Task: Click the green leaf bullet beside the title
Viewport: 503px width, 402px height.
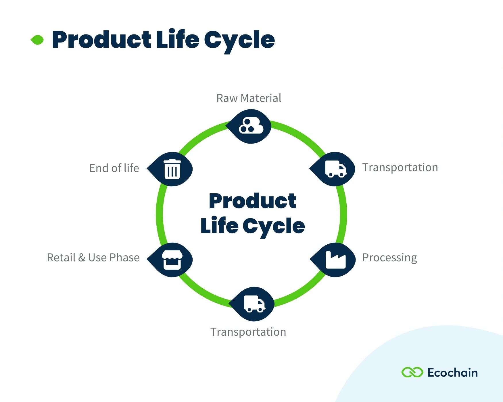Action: point(37,40)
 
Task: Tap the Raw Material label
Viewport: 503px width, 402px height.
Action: point(249,98)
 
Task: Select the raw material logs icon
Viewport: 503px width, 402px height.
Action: point(251,126)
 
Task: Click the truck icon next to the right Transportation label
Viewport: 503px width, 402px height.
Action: point(335,169)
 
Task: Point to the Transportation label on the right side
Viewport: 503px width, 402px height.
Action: point(400,168)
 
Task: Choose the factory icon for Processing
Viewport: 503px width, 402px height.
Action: point(335,260)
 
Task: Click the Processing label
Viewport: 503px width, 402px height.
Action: point(389,258)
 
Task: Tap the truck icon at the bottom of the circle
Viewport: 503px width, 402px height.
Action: point(254,304)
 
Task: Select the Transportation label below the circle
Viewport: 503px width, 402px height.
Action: point(248,332)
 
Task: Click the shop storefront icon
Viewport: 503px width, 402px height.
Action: point(172,260)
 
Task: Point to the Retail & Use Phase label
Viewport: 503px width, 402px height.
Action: point(93,258)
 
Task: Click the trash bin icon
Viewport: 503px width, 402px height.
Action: point(172,169)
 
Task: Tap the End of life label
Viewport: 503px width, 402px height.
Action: point(114,168)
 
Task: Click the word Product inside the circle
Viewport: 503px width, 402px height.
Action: point(252,201)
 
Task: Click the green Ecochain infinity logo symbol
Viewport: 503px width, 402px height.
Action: point(412,372)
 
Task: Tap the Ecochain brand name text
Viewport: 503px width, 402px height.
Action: point(452,373)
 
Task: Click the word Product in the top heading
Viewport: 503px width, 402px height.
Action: point(101,40)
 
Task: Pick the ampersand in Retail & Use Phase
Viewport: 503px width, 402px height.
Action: point(82,258)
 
